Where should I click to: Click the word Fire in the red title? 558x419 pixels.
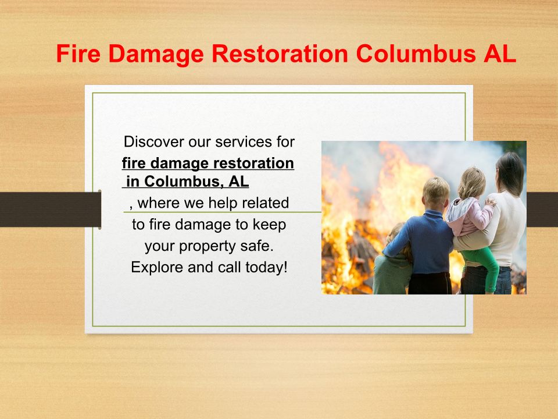point(78,54)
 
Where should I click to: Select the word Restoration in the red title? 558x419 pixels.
point(280,54)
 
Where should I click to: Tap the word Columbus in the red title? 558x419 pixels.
point(416,54)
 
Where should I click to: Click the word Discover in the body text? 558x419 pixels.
point(153,142)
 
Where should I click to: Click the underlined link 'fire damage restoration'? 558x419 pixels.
point(208,163)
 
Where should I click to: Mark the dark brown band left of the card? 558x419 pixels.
point(51,210)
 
